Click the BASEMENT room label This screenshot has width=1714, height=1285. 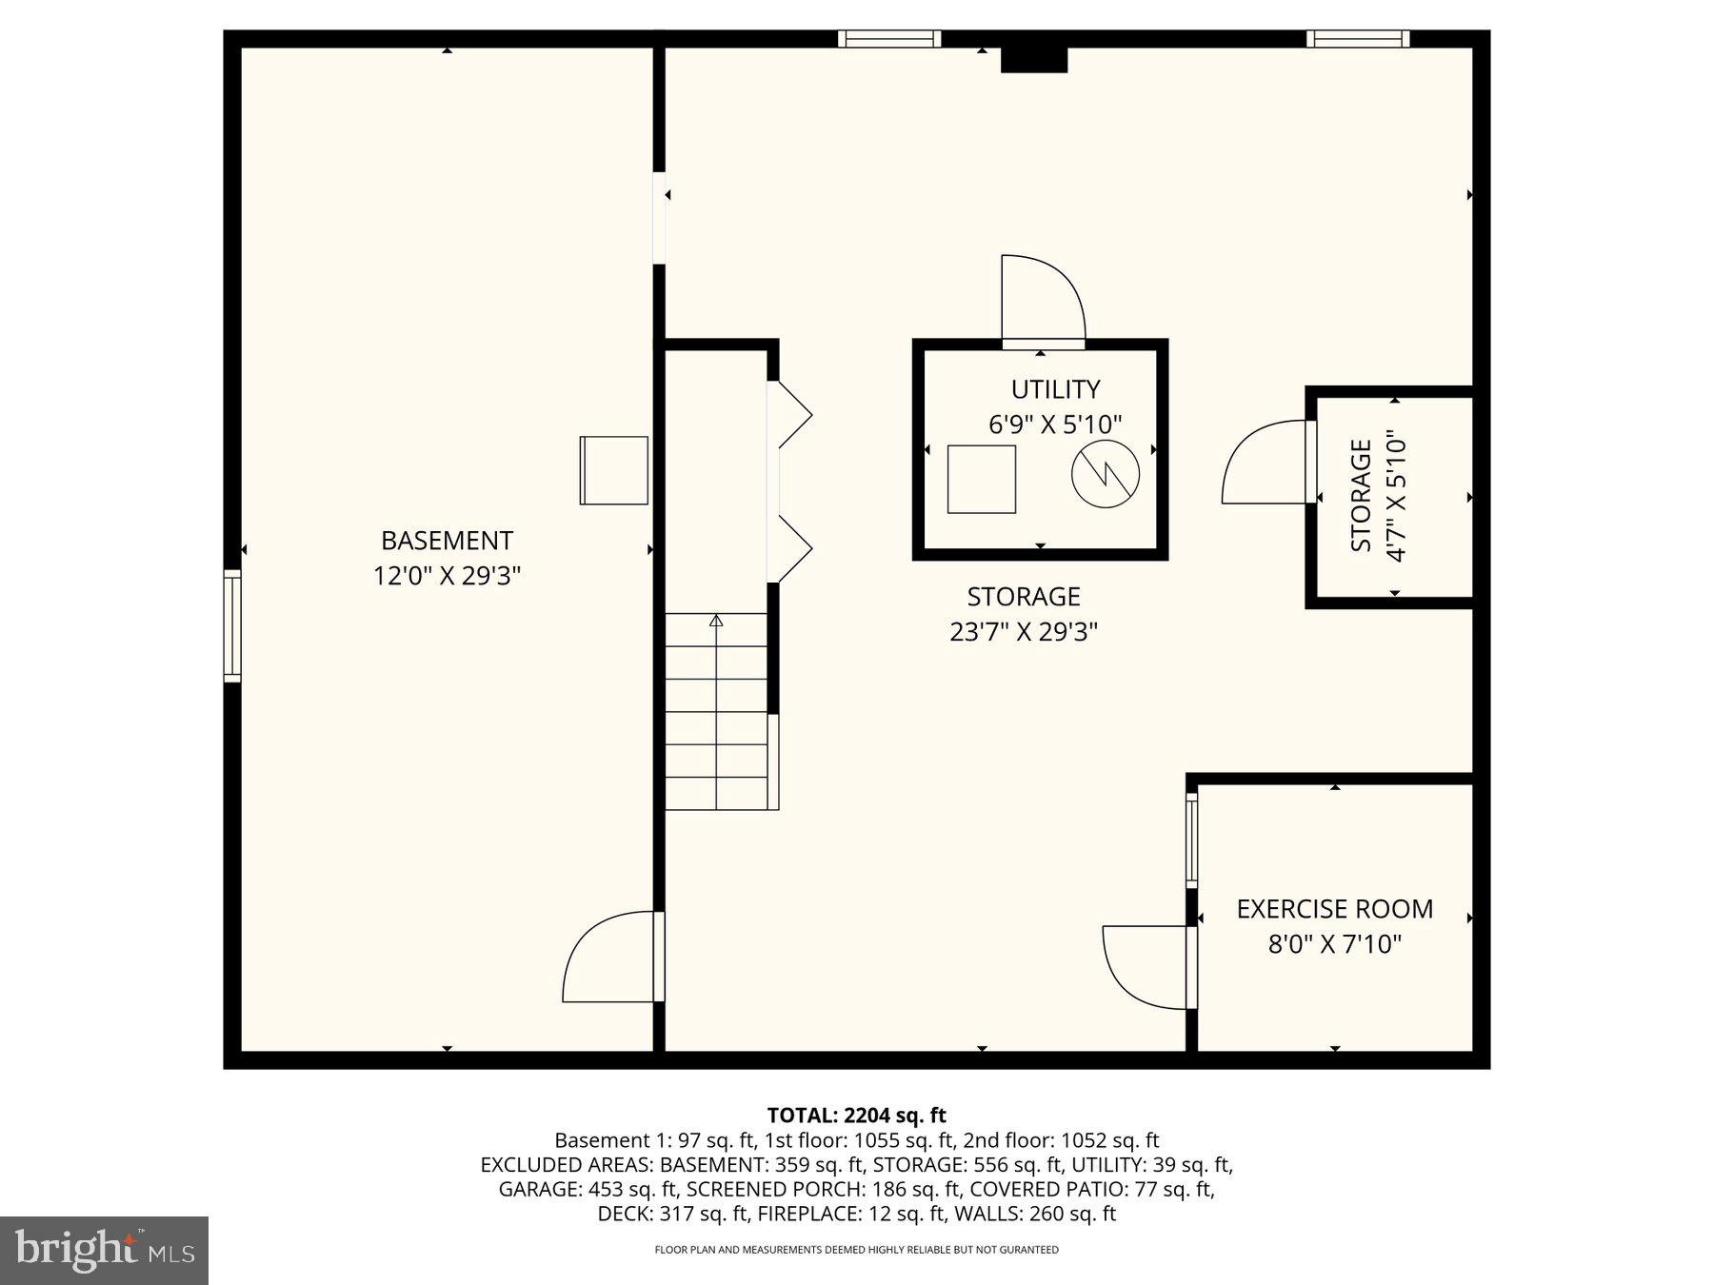point(447,541)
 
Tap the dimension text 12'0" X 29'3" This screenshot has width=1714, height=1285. point(447,576)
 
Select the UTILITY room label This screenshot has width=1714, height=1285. point(1055,389)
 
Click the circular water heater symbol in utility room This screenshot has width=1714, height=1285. point(1106,474)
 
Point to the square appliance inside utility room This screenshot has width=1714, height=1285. point(981,479)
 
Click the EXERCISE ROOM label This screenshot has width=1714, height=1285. point(1334,909)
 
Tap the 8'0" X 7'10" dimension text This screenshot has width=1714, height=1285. point(1334,944)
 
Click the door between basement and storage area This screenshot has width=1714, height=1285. point(609,958)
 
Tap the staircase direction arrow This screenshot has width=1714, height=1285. point(716,621)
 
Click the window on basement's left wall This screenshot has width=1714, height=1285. point(232,625)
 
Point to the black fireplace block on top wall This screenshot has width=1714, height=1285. point(1033,59)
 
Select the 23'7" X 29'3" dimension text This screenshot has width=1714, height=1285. point(1024,632)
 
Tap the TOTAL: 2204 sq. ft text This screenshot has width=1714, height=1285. point(856,1115)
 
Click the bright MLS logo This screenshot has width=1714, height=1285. point(104,1250)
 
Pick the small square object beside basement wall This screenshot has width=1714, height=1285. point(614,470)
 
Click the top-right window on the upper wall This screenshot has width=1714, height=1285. point(1357,39)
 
